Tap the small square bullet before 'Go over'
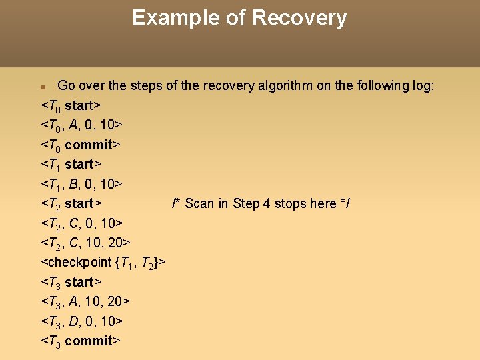click(x=43, y=87)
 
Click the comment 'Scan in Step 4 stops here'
click(x=261, y=203)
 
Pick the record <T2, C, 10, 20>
click(x=85, y=242)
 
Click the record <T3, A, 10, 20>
click(x=85, y=301)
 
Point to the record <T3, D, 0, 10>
click(x=82, y=321)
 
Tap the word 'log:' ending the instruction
click(x=422, y=85)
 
